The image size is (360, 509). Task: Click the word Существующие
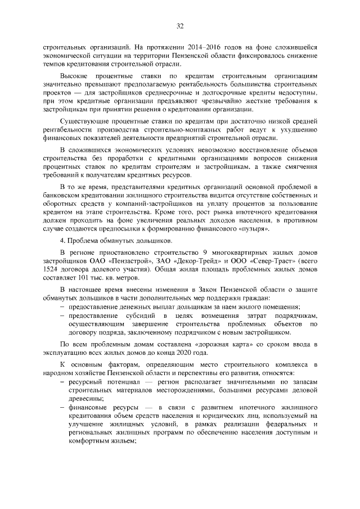coord(85,121)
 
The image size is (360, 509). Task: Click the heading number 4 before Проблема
coord(62,241)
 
